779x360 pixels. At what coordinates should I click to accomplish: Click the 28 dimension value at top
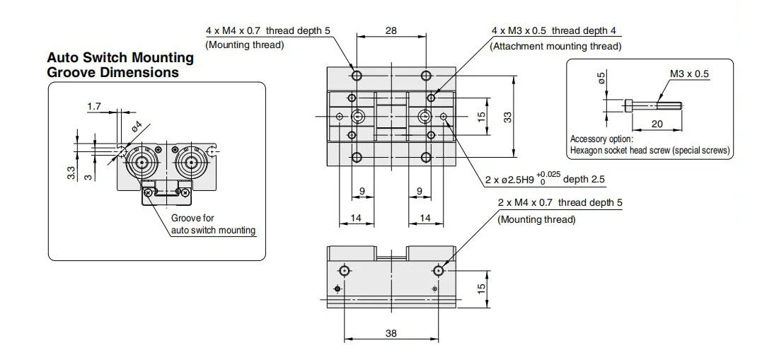pyautogui.click(x=391, y=30)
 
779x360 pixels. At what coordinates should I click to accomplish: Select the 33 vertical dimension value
pyautogui.click(x=507, y=117)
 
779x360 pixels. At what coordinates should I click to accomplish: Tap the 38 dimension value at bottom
pyautogui.click(x=391, y=332)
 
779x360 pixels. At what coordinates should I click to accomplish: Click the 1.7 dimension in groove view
pyautogui.click(x=94, y=106)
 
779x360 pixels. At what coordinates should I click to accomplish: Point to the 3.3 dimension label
pyautogui.click(x=71, y=173)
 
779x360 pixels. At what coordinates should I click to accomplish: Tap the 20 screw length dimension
pyautogui.click(x=657, y=124)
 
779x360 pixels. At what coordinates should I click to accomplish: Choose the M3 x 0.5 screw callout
pyautogui.click(x=690, y=74)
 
